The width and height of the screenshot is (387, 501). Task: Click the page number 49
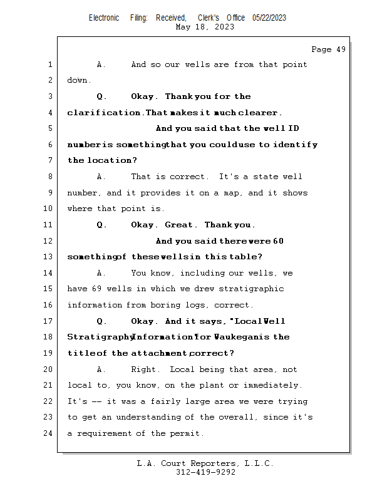point(341,49)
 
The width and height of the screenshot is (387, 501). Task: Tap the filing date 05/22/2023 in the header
point(269,18)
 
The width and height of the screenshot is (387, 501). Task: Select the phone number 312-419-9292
point(205,472)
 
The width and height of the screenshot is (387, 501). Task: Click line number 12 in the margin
point(48,240)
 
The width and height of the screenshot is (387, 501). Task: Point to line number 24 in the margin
point(48,433)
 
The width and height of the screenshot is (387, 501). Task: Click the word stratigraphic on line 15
point(251,289)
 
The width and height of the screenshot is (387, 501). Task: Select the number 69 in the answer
point(97,289)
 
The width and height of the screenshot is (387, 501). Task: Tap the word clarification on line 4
point(103,113)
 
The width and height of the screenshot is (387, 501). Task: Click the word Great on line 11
point(178,225)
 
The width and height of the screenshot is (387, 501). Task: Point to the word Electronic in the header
point(104,18)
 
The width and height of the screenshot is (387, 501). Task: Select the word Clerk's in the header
point(209,18)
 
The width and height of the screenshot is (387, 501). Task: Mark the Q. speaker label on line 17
point(101,321)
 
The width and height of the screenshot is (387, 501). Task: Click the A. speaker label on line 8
point(101,177)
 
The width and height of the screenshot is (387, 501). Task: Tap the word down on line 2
point(77,80)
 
